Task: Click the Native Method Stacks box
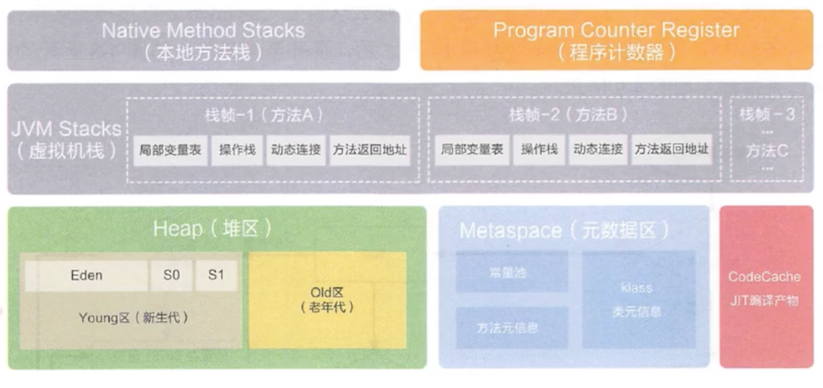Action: (x=203, y=41)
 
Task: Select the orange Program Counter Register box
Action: (x=616, y=41)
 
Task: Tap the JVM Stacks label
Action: (x=66, y=139)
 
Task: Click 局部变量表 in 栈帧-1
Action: (x=170, y=149)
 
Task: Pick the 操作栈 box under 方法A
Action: (x=237, y=149)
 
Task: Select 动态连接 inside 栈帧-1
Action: (x=296, y=149)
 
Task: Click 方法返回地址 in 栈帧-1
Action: (x=370, y=149)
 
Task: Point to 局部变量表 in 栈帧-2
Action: (x=472, y=149)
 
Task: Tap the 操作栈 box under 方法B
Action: (x=539, y=149)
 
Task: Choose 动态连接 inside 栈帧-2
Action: (x=598, y=149)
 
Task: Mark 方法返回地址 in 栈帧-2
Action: (x=672, y=149)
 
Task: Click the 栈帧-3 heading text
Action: (x=767, y=114)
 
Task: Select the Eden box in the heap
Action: (x=87, y=276)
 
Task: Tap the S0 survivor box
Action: (x=171, y=276)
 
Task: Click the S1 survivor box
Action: (x=216, y=276)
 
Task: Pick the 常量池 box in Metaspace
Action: (x=512, y=272)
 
